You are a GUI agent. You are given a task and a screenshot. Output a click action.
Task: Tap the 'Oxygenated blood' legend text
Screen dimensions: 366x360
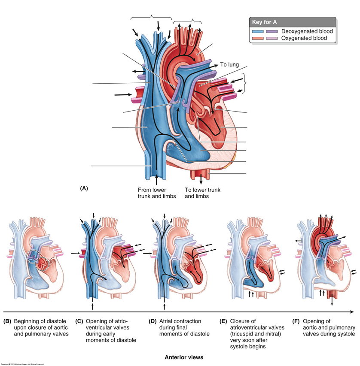304,38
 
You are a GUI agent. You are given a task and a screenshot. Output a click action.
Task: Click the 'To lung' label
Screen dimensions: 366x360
229,65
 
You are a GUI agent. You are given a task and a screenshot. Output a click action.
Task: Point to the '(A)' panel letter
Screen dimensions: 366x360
84,188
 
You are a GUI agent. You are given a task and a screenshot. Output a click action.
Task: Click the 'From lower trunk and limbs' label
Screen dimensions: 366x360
155,193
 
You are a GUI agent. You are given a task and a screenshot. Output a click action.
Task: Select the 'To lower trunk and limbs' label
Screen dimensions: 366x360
200,193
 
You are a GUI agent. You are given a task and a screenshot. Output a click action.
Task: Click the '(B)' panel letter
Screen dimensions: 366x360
7,321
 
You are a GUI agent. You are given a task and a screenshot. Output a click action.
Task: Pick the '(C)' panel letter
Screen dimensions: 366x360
79,321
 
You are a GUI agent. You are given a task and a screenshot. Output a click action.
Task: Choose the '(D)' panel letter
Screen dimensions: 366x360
152,321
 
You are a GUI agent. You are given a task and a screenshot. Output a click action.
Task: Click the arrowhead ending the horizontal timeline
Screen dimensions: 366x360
353,311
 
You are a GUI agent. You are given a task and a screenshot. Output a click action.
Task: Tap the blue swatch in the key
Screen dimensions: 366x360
258,31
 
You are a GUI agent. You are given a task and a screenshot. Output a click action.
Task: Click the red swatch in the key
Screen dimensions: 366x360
258,38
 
